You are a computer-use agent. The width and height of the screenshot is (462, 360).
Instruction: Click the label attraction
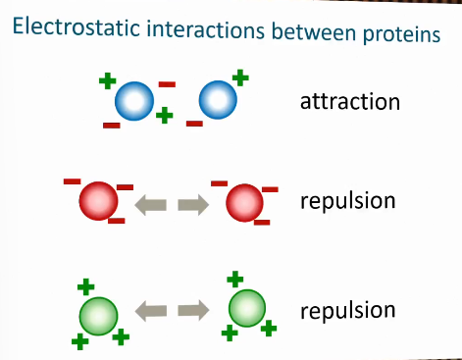point(350,101)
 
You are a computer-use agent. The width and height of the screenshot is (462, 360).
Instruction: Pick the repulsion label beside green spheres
point(348,311)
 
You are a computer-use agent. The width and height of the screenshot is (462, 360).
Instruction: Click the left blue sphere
point(133,101)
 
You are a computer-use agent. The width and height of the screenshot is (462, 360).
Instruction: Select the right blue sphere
point(217,99)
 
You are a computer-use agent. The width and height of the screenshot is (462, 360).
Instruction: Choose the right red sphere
point(244,204)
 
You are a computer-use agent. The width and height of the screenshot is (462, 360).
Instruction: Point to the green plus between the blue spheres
point(165,116)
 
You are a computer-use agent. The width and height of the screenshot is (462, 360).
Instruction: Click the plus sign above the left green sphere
point(86,287)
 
